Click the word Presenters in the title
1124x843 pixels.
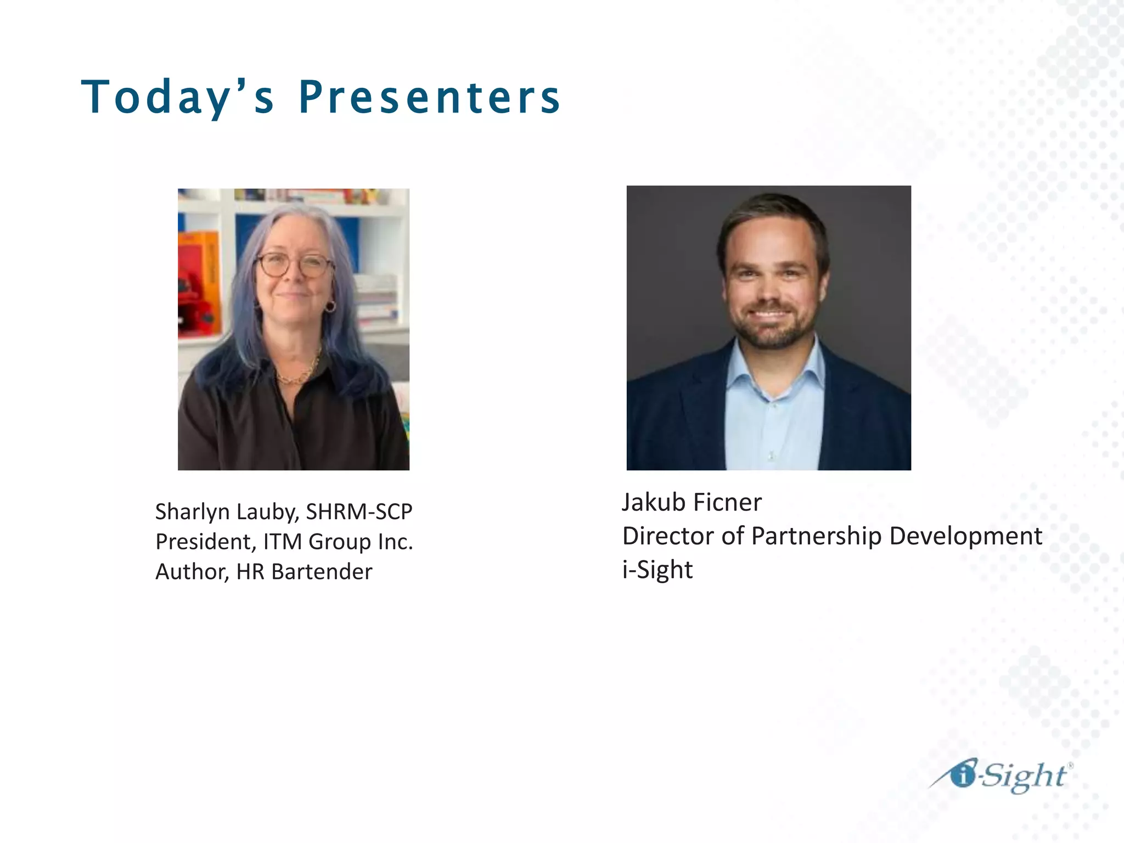(x=429, y=97)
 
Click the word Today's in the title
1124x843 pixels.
(x=177, y=97)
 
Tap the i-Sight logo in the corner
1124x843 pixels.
(x=1000, y=776)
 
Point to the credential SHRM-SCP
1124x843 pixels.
(x=359, y=512)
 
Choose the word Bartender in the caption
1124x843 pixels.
(x=322, y=572)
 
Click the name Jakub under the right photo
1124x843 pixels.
(x=653, y=502)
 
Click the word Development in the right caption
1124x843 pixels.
(x=965, y=536)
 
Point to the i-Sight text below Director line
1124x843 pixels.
(x=657, y=570)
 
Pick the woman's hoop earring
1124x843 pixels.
(x=330, y=306)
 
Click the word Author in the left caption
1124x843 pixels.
(x=192, y=572)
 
